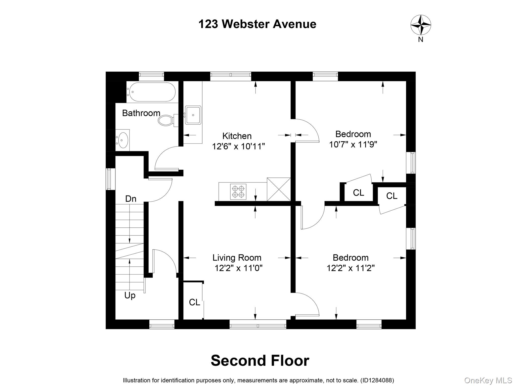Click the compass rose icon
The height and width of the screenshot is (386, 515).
421,25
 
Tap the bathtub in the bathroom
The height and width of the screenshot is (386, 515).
151,92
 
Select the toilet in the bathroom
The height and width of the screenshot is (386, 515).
166,120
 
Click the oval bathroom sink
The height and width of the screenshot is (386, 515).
123,140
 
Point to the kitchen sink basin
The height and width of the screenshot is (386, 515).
193,115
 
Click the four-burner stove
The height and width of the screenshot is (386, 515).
238,191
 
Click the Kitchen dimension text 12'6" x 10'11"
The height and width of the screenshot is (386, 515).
238,146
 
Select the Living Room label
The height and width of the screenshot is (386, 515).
237,258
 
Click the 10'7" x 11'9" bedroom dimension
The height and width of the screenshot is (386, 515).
353,144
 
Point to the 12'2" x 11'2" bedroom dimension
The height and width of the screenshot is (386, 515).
351,268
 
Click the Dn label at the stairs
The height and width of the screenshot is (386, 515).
131,199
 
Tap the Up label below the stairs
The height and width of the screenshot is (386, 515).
130,295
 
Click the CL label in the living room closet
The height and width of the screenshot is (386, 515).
194,302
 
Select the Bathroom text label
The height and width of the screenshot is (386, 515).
141,113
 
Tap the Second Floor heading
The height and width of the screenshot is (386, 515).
260,360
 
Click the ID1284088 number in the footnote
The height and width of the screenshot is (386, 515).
377,380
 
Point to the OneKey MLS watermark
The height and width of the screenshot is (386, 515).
488,380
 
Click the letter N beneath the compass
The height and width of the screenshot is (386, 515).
420,39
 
